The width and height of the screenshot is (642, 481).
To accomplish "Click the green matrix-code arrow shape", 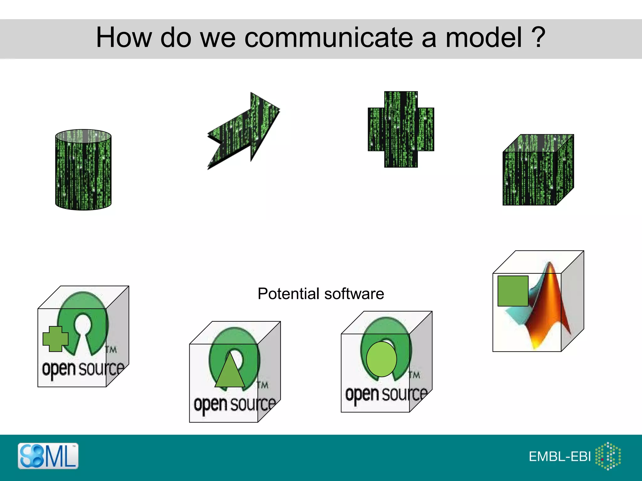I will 245,132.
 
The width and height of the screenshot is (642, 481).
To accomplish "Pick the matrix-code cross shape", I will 401,129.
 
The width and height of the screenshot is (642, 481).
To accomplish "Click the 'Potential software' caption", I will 321,294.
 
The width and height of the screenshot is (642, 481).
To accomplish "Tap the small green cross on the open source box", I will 55,339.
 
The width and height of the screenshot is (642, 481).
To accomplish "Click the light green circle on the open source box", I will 381,359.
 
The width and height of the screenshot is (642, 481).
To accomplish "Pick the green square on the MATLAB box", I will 513,291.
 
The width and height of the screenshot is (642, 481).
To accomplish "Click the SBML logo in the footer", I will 48,456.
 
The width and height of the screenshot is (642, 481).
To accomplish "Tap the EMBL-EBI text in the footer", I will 560,457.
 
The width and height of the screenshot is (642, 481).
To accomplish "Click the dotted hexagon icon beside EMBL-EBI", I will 608,456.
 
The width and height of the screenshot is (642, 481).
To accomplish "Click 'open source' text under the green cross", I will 83,369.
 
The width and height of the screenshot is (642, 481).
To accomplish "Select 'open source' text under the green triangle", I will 234,404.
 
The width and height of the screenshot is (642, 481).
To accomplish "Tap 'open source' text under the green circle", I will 386,394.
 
